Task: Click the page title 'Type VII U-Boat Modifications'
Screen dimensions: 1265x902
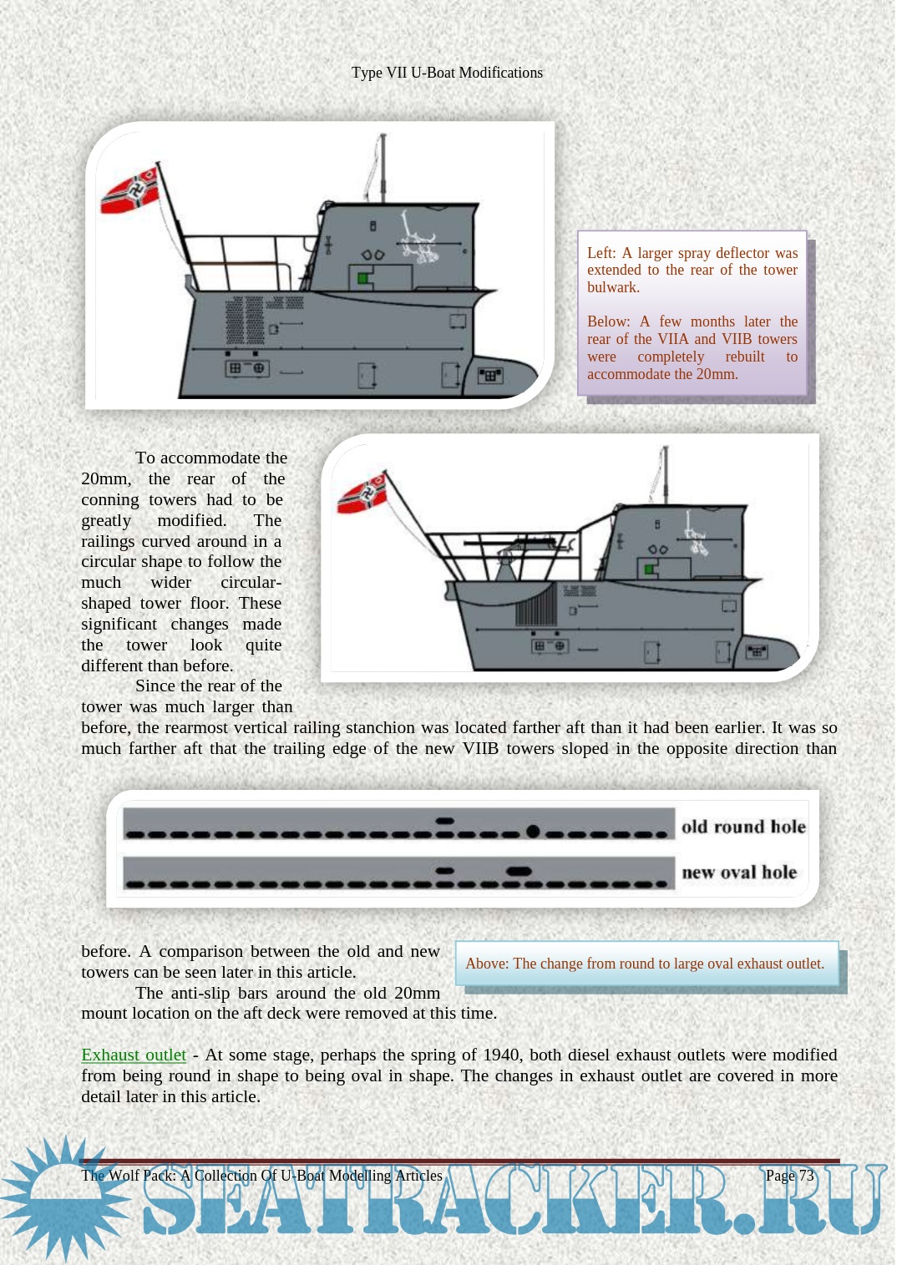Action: tap(447, 73)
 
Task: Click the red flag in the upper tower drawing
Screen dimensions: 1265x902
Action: tap(130, 191)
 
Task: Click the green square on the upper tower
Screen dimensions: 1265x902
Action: tap(362, 277)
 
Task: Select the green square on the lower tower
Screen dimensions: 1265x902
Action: tap(648, 569)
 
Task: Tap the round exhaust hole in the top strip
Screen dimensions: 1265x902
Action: tap(532, 831)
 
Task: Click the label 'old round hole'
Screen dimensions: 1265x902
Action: tap(742, 827)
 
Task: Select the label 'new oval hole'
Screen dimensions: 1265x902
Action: tap(739, 873)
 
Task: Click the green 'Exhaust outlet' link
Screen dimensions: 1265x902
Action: tap(134, 1055)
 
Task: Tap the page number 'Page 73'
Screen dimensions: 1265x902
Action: tap(789, 1176)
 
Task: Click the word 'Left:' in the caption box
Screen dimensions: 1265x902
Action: tap(601, 253)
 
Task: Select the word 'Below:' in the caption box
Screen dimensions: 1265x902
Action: tap(609, 321)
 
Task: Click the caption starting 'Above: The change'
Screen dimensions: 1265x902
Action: tap(644, 964)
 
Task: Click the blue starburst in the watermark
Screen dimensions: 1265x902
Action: tap(63, 1198)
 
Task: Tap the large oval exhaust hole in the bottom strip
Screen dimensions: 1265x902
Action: tap(519, 872)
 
